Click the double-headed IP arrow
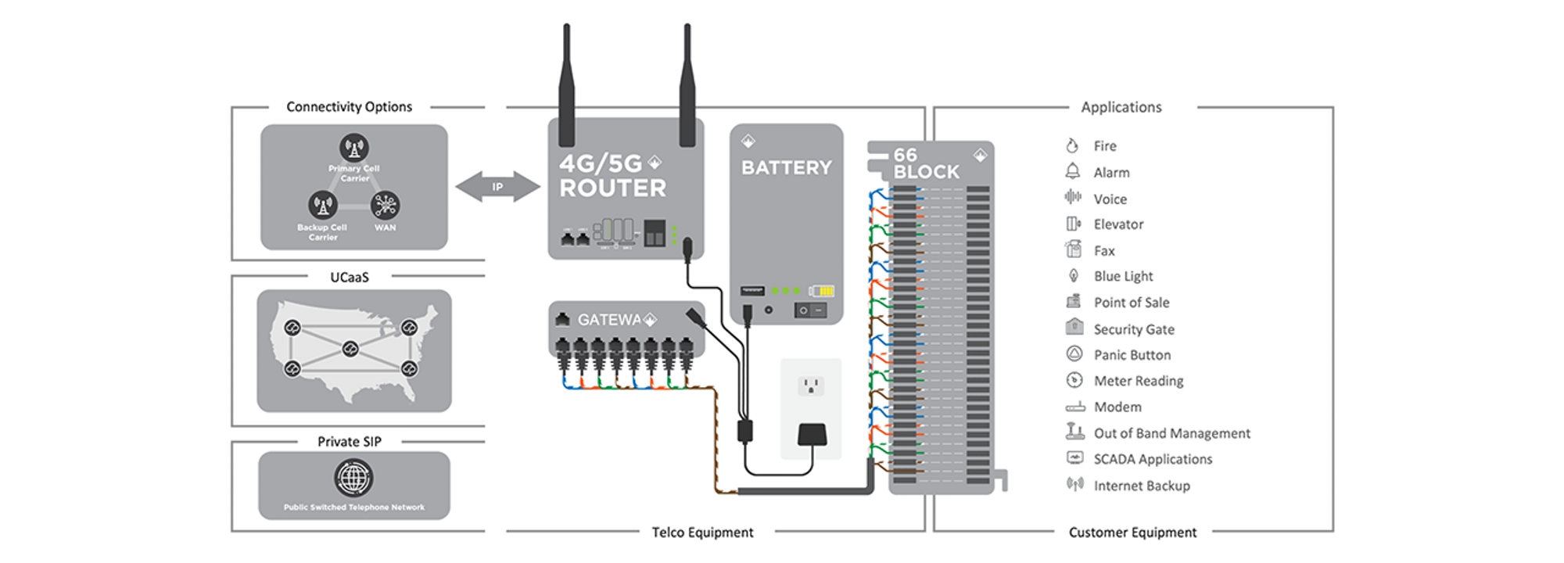tap(497, 187)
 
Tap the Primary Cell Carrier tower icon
tap(354, 147)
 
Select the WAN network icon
tap(385, 206)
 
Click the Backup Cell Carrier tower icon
tap(322, 206)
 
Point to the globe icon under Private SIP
tap(353, 477)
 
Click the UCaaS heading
tap(349, 278)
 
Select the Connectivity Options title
tap(349, 107)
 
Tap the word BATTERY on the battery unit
tap(786, 168)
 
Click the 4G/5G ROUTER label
tap(612, 176)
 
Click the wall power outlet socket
tap(811, 385)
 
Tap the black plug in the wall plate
tap(812, 435)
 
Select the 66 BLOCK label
tap(926, 164)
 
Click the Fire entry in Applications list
tap(1104, 146)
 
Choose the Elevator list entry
tap(1117, 224)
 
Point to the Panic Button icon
tap(1074, 354)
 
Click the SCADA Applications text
tap(1153, 459)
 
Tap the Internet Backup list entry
tap(1141, 486)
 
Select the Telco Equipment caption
tap(702, 533)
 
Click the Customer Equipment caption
tap(1132, 533)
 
